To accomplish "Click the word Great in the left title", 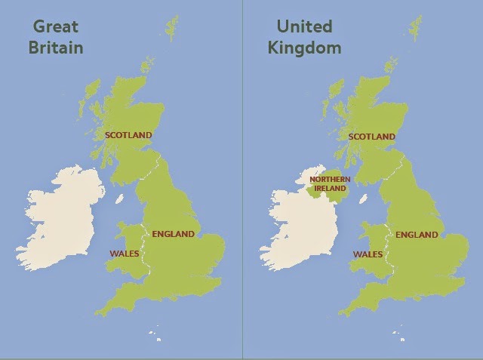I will coord(55,26).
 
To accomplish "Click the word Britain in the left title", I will coord(55,48).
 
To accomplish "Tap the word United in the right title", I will coord(304,26).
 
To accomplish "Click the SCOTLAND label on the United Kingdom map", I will coord(372,137).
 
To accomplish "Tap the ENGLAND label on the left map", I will coord(173,234).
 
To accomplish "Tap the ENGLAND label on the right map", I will coord(417,235).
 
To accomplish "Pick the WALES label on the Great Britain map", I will coord(125,254).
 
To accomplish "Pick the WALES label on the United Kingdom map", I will coord(368,254).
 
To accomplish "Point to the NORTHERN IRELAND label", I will coord(330,183).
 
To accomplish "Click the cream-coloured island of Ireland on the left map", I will coord(60,219).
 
